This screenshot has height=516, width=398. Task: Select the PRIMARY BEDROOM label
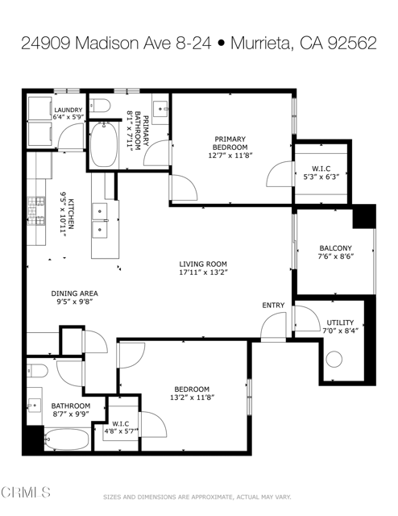[x=230, y=143]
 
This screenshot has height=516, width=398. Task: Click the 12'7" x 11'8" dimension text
[x=230, y=156]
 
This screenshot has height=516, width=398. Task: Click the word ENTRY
[x=273, y=305]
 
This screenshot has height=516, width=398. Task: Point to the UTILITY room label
[x=339, y=322]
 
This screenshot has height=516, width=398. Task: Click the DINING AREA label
[x=74, y=293]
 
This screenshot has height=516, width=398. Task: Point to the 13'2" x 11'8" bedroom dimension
[x=192, y=397]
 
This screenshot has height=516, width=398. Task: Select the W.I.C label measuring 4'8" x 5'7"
[x=121, y=424]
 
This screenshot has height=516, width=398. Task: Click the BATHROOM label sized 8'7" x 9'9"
[x=71, y=406]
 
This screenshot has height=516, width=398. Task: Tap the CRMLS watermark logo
[x=26, y=492]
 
